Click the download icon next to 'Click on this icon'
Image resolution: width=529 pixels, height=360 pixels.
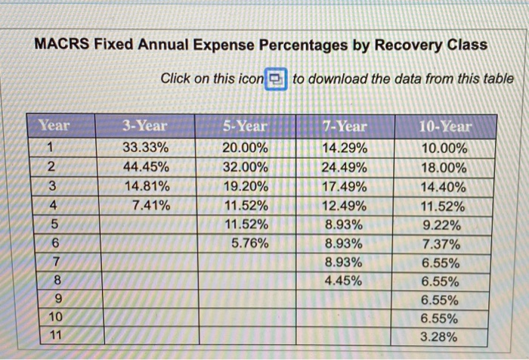[x=276, y=78]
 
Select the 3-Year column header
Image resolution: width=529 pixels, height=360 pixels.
[x=145, y=126]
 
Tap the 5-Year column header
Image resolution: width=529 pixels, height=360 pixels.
[x=246, y=126]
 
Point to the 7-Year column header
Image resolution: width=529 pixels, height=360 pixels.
[x=345, y=126]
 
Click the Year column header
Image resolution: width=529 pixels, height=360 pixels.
[x=54, y=126]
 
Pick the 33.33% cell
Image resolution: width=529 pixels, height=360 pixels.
[x=145, y=147]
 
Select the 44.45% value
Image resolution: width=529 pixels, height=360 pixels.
[x=145, y=166]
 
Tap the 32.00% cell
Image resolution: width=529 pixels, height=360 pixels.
[x=246, y=166]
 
